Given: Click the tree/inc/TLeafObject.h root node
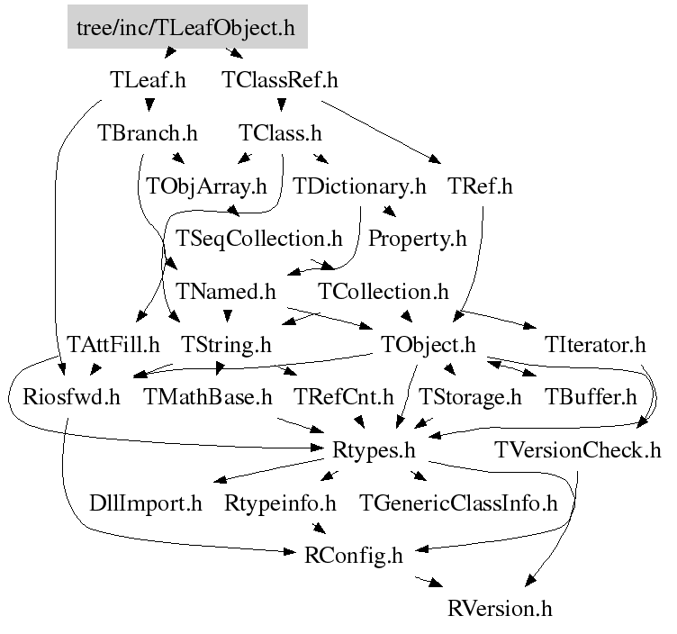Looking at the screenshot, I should pyautogui.click(x=186, y=28).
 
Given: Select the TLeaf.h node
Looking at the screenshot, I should pyautogui.click(x=147, y=80).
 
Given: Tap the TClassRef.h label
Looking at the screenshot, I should pyautogui.click(x=279, y=80).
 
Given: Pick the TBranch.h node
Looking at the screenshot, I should pyautogui.click(x=147, y=133).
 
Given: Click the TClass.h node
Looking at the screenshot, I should pyautogui.click(x=279, y=133).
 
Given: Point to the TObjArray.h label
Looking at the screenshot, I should pyautogui.click(x=207, y=186).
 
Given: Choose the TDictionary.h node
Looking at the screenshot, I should pyautogui.click(x=359, y=186).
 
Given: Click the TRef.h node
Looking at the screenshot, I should pyautogui.click(x=479, y=186).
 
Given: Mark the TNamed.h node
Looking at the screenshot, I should pyautogui.click(x=226, y=292).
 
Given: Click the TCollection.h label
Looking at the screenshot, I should pyautogui.click(x=384, y=292).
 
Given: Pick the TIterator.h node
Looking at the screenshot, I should pyautogui.click(x=595, y=344).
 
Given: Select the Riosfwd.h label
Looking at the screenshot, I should pyautogui.click(x=64, y=397).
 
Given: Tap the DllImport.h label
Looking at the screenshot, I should pyautogui.click(x=146, y=503).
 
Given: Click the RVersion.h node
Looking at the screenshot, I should pyautogui.click(x=499, y=608).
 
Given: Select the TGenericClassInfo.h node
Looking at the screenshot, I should pyautogui.click(x=458, y=503).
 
